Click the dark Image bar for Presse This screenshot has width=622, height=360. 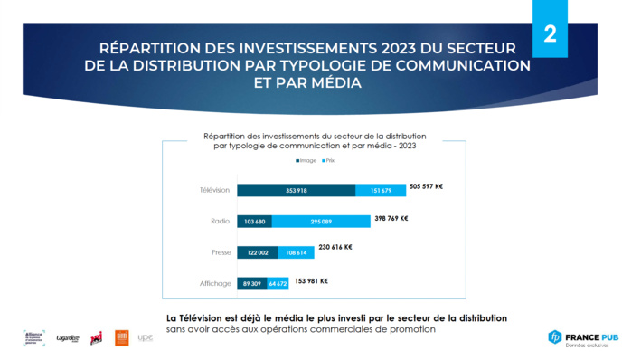(x=258, y=253)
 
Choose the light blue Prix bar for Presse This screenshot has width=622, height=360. (x=296, y=253)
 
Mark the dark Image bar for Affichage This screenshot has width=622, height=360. (x=252, y=284)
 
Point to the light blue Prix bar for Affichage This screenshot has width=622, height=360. (x=278, y=284)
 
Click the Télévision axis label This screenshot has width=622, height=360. (x=215, y=191)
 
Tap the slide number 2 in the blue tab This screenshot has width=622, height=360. (x=550, y=35)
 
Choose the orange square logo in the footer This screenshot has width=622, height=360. (x=120, y=337)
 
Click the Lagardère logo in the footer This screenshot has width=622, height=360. (x=68, y=338)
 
